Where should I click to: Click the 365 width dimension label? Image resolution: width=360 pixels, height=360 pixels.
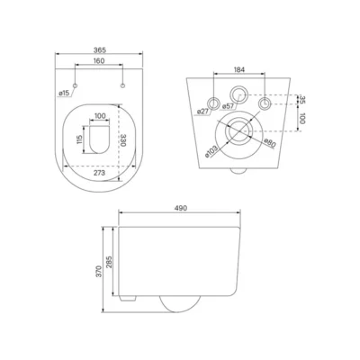point(99,49)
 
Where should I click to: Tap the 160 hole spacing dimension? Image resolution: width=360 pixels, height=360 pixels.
point(99,61)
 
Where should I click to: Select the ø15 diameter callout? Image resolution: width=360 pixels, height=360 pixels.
point(63,94)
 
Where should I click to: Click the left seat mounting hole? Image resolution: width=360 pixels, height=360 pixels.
point(76,85)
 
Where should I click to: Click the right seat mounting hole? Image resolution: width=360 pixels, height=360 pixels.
point(122,85)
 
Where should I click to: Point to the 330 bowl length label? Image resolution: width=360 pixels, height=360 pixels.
point(122,139)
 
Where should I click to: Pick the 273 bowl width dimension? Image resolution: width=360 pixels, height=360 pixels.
point(99,173)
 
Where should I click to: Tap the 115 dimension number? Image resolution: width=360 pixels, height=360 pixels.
point(79,139)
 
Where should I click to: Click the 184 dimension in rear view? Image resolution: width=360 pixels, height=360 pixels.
point(239,69)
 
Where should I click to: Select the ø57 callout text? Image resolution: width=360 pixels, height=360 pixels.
point(228,106)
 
